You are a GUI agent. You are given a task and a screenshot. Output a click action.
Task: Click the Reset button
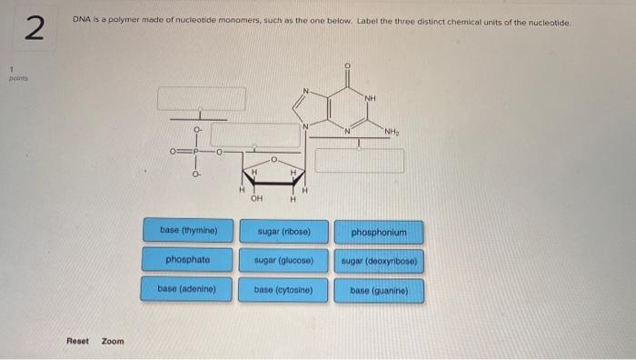(78, 341)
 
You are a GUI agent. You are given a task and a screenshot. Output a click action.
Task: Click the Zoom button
(113, 341)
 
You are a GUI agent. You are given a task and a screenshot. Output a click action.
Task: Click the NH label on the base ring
(371, 98)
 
